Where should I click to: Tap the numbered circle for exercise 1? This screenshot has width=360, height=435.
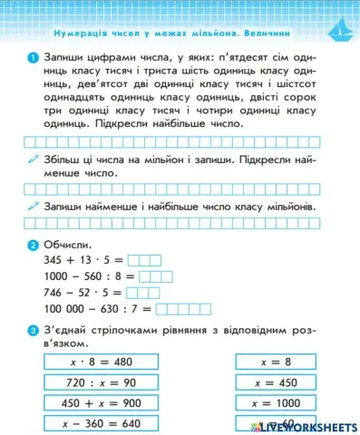[33, 57]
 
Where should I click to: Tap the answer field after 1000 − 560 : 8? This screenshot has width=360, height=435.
[154, 276]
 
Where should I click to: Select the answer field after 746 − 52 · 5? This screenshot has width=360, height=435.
[147, 293]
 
